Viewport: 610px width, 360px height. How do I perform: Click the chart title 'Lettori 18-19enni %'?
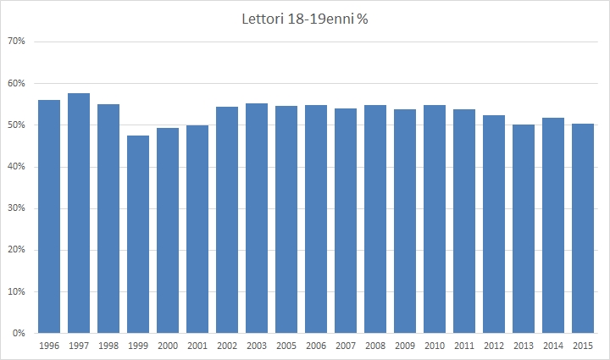pyautogui.click(x=304, y=19)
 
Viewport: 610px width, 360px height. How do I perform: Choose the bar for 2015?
pyautogui.click(x=583, y=229)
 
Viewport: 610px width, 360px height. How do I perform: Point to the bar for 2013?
pyautogui.click(x=524, y=229)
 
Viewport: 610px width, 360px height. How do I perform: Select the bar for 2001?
pyautogui.click(x=197, y=230)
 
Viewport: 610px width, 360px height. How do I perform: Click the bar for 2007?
pyautogui.click(x=346, y=221)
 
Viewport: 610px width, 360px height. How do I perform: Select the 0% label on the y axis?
pyautogui.click(x=19, y=334)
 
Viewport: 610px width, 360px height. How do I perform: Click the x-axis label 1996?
pyautogui.click(x=49, y=346)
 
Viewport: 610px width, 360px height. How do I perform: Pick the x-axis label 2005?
pyautogui.click(x=286, y=346)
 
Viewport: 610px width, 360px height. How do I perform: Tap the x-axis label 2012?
pyautogui.click(x=494, y=346)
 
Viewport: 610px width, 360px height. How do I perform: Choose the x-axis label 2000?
pyautogui.click(x=168, y=346)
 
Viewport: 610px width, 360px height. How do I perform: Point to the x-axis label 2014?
pyautogui.click(x=553, y=346)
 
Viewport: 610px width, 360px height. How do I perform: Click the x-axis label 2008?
pyautogui.click(x=375, y=346)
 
